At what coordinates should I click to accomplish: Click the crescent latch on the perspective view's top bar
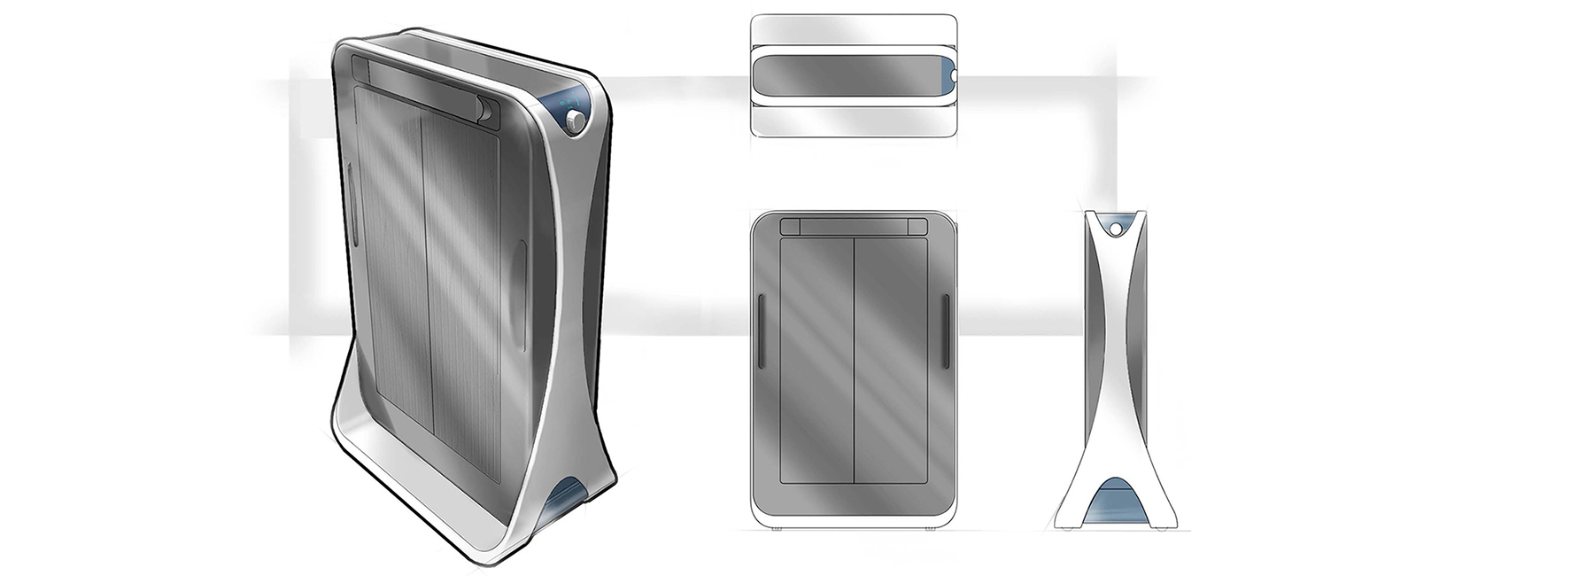pos(484,109)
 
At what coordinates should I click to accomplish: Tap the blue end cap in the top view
pos(949,75)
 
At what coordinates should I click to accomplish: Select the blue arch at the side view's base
pos(1112,504)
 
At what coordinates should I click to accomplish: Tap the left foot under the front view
pos(778,530)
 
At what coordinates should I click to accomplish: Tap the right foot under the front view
pos(929,530)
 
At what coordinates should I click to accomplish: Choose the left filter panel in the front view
pos(816,359)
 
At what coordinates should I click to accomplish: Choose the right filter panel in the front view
pos(890,359)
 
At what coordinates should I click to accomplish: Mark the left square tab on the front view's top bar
pos(790,226)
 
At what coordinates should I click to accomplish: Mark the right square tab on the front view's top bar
pos(916,226)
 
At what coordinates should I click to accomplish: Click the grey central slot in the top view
pos(846,75)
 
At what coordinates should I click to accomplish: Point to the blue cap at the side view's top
pos(1113,222)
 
